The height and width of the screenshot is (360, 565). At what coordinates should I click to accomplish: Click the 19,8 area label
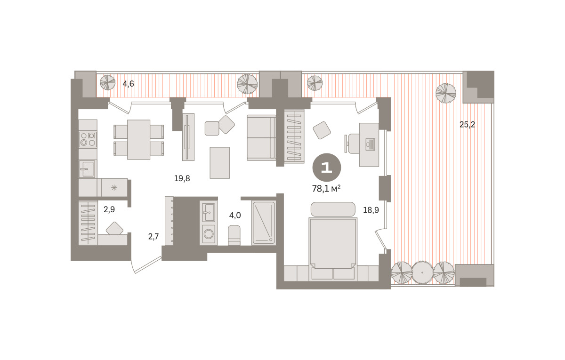[182, 178]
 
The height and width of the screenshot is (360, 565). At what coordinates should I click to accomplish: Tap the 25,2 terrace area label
[467, 124]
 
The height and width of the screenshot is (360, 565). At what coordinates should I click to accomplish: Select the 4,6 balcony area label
[128, 84]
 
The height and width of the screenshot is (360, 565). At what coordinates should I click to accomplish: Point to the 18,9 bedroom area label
[371, 210]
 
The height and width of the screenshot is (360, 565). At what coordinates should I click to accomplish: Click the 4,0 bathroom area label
[235, 216]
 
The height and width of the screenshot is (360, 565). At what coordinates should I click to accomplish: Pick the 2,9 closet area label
[109, 209]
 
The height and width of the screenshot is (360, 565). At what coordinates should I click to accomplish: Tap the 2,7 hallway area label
[153, 236]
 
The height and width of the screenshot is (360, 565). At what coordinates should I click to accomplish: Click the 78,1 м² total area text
[326, 188]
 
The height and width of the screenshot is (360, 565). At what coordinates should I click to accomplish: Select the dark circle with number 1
[327, 168]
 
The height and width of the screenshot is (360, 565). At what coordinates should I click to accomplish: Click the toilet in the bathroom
[234, 235]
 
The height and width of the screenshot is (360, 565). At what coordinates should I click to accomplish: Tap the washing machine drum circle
[209, 234]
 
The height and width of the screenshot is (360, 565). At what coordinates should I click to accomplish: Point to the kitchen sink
[87, 168]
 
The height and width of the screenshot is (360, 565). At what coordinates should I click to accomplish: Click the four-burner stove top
[88, 139]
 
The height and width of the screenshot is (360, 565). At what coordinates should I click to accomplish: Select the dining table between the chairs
[138, 139]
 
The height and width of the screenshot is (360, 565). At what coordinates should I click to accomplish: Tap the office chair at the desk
[352, 143]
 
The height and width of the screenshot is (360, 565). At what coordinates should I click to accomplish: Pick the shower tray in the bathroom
[264, 223]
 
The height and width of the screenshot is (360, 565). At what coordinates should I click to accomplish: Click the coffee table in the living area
[220, 163]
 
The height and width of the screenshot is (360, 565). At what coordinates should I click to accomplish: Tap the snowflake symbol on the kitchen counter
[114, 188]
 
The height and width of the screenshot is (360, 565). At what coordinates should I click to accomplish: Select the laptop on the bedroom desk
[370, 144]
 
